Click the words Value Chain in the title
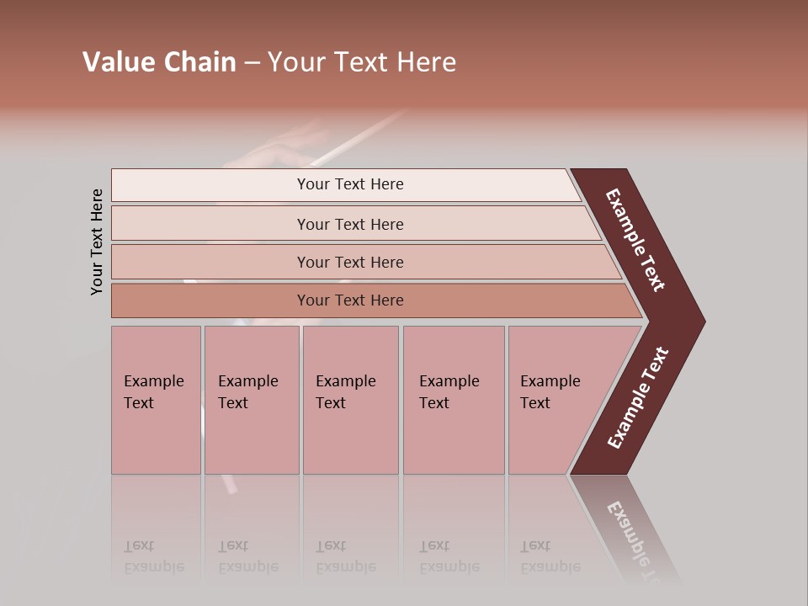coord(159,62)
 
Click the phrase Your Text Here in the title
coord(362,62)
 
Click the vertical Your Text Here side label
coord(97,242)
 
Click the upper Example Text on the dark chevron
coord(635,240)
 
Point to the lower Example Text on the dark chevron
coord(638,398)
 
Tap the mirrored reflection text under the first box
coord(154,556)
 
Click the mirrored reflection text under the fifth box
coord(550,556)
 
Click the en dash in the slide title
coord(252,63)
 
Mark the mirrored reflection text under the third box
coord(346,556)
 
